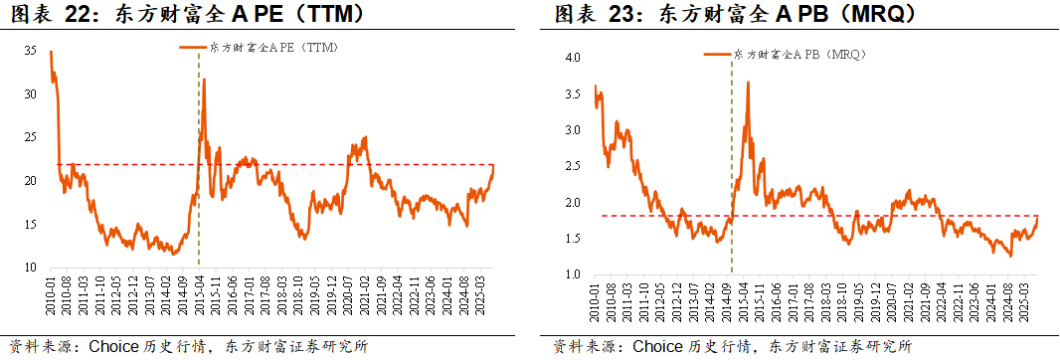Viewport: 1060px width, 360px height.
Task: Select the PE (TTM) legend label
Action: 274,48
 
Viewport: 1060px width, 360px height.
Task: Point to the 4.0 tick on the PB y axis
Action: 573,58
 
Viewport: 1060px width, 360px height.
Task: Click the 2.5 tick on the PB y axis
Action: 573,166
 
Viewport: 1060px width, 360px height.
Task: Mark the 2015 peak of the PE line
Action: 205,80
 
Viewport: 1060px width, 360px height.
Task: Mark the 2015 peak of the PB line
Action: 747,83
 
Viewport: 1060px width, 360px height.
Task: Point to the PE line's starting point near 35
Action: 51,52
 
